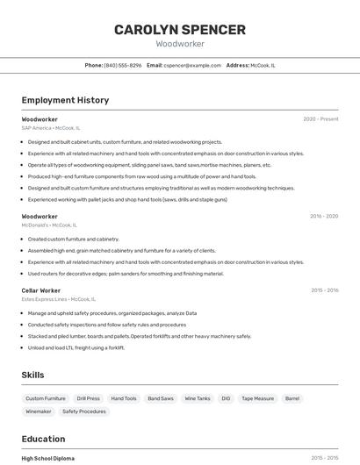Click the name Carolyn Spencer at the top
click(180, 30)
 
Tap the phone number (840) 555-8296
click(123, 65)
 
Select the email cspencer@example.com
click(192, 65)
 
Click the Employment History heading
click(65, 100)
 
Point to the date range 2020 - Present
click(320, 119)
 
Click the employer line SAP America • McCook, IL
click(50, 128)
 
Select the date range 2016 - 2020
click(324, 216)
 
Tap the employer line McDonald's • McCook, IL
click(49, 225)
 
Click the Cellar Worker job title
click(41, 290)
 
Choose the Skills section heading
click(32, 375)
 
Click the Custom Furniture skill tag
click(45, 398)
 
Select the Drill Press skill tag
click(88, 398)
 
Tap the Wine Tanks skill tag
click(197, 398)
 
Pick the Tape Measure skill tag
click(257, 398)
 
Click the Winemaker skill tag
click(38, 411)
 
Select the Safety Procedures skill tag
click(83, 411)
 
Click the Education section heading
click(43, 439)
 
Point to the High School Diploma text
click(47, 458)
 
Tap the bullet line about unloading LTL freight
click(76, 347)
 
